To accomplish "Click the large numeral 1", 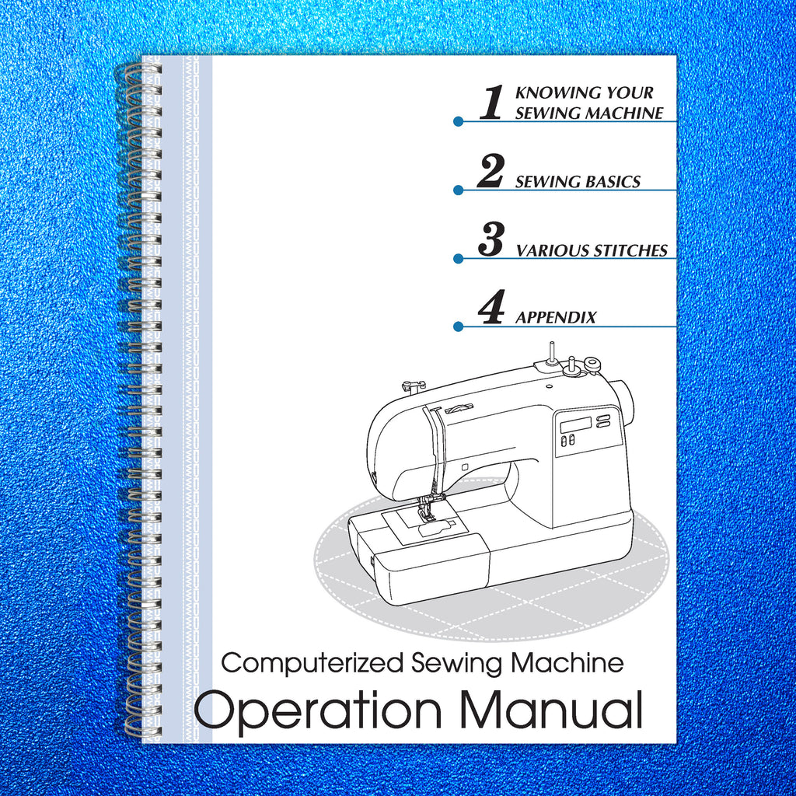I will tap(491, 103).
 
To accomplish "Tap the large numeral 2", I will tap(491, 171).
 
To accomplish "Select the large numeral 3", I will tap(491, 239).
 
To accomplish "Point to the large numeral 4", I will tap(491, 308).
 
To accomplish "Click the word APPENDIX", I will tap(556, 318).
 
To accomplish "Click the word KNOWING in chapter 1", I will tap(549, 93).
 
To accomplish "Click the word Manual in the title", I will tap(551, 709).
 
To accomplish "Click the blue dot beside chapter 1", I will tap(459, 121).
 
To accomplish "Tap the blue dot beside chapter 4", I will tap(459, 326).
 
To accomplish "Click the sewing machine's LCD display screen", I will tap(573, 425).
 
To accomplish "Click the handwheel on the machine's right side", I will tap(624, 403).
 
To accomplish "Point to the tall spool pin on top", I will tap(550, 351).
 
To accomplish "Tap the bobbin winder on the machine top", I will tap(592, 363).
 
